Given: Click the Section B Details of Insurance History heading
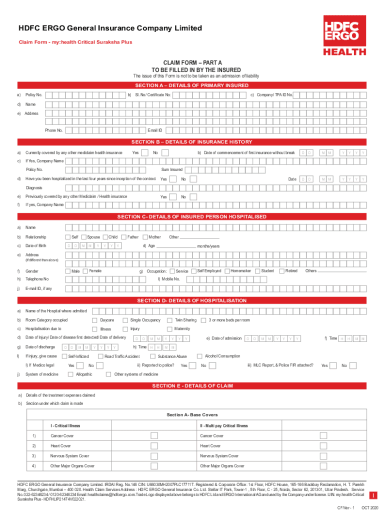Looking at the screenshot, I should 192,142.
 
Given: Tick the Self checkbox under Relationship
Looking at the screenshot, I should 68,236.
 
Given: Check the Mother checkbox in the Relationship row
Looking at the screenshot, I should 145,236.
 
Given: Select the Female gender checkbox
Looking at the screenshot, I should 85,270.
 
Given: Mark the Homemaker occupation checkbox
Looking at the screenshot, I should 227,270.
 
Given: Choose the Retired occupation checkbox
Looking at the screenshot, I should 281,270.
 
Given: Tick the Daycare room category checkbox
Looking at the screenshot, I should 94,320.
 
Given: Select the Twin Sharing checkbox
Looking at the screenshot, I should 170,320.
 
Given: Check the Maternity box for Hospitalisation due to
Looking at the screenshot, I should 170,329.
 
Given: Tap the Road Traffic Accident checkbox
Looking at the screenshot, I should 100,356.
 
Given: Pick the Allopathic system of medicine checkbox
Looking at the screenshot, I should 72,374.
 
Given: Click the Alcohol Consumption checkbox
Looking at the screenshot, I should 201,356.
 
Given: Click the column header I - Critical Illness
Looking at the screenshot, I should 65,426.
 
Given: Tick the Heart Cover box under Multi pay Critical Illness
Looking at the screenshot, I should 323,445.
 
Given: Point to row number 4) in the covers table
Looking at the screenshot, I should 33,465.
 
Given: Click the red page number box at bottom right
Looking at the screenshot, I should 372,495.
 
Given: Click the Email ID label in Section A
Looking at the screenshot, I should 155,130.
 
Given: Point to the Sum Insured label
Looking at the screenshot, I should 171,169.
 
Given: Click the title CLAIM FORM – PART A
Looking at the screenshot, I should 192,62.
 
